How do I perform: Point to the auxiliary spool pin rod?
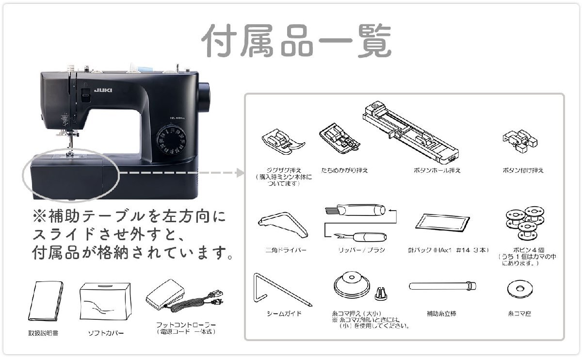pos(441,286)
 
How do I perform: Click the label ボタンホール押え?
pos(437,171)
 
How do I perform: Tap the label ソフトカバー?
pos(106,334)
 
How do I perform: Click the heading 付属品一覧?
pos(296,41)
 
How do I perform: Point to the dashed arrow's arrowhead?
pos(240,173)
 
